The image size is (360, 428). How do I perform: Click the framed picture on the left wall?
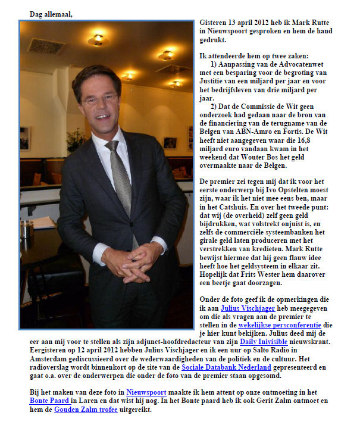25,138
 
